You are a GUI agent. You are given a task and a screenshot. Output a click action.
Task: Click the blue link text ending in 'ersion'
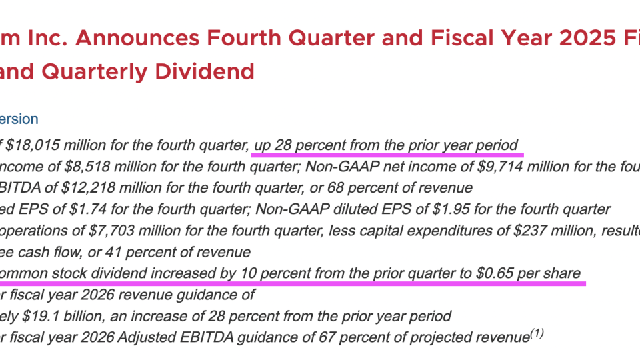(x=19, y=119)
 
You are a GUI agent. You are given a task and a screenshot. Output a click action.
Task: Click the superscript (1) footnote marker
(x=536, y=333)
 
